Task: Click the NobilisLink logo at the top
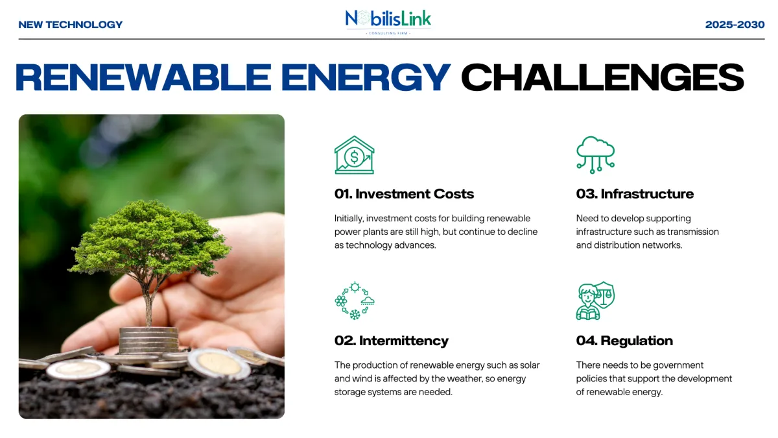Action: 388,21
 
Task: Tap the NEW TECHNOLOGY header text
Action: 71,25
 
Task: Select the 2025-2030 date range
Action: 735,25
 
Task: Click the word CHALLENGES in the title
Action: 602,77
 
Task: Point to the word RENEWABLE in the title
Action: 143,77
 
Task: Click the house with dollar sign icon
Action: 354,155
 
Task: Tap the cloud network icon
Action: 596,155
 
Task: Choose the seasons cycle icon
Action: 355,300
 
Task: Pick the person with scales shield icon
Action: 595,300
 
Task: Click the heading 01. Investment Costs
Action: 404,194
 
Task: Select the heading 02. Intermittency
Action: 392,341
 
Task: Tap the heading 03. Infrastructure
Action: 635,194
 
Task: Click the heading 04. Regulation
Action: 624,341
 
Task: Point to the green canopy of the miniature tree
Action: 149,236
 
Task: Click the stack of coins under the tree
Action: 148,340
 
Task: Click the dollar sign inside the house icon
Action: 354,157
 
